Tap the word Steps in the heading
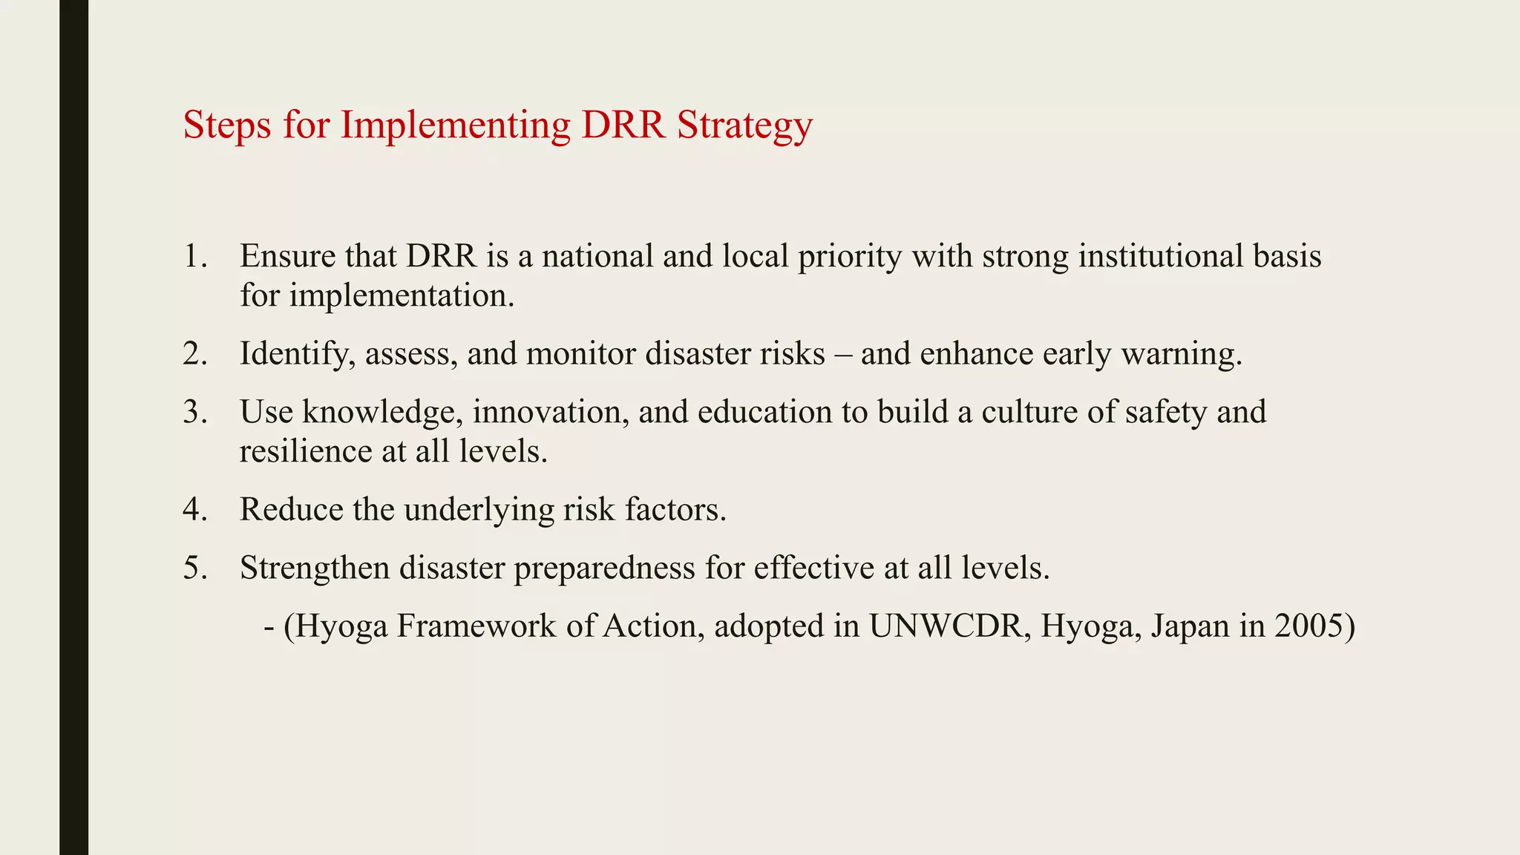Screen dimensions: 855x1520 (227, 125)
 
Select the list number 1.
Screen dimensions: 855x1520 (195, 257)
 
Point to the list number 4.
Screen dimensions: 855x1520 (195, 510)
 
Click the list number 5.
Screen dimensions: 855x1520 (195, 569)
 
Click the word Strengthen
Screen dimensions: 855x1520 (315, 569)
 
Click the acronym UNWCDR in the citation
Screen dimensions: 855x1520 (950, 626)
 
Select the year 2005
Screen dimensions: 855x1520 (1315, 626)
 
